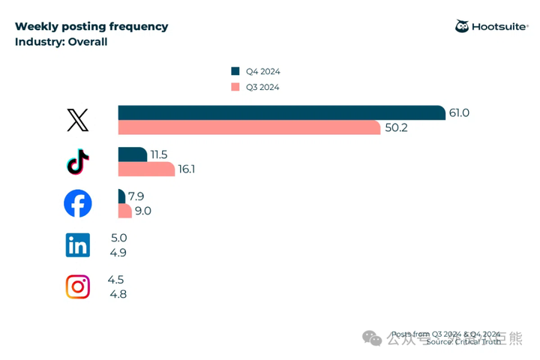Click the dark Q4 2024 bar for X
281,112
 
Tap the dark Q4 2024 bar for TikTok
132,154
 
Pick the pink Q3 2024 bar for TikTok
146,169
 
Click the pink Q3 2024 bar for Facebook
124,211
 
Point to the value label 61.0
459,112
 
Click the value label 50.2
396,127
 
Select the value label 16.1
187,169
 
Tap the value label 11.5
159,154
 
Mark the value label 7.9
136,196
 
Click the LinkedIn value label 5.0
118,238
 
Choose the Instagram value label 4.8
118,294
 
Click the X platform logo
78,120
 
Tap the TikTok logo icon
78,162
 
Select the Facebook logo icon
78,203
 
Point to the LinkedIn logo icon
78,245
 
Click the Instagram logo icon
78,286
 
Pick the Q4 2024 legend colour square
235,71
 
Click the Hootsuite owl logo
462,27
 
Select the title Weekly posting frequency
91,26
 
